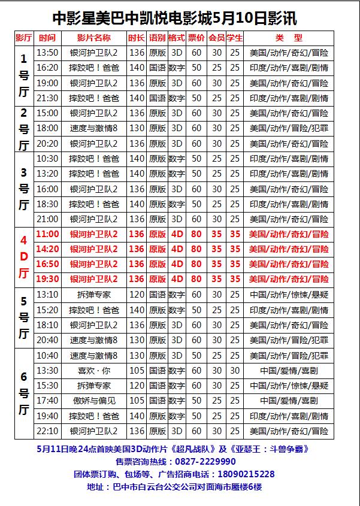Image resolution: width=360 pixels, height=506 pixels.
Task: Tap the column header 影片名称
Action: pyautogui.click(x=94, y=38)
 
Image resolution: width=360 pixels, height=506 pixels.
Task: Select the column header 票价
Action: pyautogui.click(x=196, y=38)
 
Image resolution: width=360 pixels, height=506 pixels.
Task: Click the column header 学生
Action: pyautogui.click(x=235, y=38)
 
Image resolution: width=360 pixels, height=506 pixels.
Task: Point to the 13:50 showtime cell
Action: pyautogui.click(x=47, y=53)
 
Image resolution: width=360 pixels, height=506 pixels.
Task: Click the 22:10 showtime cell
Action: pyautogui.click(x=47, y=431)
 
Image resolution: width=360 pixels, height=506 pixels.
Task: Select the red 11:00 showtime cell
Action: pyautogui.click(x=47, y=234)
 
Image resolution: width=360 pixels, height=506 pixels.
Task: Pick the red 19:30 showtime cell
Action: pyautogui.click(x=47, y=279)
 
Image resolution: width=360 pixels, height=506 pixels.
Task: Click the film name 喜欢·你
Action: pyautogui.click(x=94, y=371)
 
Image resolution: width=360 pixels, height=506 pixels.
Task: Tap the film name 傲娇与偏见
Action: pyautogui.click(x=94, y=401)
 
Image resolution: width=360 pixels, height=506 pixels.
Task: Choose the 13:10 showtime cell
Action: pyautogui.click(x=47, y=295)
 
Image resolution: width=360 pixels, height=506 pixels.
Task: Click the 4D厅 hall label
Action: pyautogui.click(x=24, y=257)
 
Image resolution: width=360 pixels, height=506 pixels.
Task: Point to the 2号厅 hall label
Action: pyautogui.click(x=24, y=128)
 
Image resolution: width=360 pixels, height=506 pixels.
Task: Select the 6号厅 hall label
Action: pyautogui.click(x=24, y=393)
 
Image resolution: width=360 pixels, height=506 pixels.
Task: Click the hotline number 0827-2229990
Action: pyautogui.click(x=205, y=461)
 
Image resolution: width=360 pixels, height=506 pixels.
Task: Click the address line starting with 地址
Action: pyautogui.click(x=174, y=487)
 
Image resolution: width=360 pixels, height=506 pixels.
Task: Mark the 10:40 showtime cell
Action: pyautogui.click(x=47, y=355)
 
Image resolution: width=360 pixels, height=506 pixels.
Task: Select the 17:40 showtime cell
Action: pyautogui.click(x=47, y=401)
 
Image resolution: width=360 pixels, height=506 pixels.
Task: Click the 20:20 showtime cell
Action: pyautogui.click(x=47, y=144)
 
